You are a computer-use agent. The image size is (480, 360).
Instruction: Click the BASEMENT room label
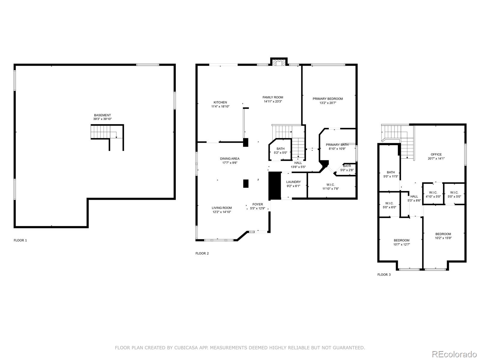pos(102,115)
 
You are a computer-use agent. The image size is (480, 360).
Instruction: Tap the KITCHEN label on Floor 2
pos(220,102)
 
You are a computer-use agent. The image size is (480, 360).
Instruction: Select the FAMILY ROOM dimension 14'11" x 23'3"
pos(273,101)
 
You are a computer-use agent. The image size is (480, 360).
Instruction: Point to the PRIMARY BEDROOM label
pos(328,99)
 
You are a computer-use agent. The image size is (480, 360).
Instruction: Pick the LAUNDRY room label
pos(293,182)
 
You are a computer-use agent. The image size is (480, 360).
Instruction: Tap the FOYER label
pos(257,204)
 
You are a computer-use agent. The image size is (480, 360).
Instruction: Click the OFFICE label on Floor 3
pos(436,154)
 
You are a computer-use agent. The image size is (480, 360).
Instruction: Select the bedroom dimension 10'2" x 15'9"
pos(443,238)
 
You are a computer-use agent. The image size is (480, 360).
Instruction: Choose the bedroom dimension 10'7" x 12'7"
pos(401,244)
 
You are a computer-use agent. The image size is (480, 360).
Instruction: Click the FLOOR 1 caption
pos(20,240)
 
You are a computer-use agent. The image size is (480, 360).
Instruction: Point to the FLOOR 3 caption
pos(384,274)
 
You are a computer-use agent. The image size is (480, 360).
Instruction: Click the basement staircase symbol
pos(103,132)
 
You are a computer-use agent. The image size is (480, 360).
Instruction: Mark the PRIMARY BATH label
pos(337,145)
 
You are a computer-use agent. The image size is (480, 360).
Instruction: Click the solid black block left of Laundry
pos(274,186)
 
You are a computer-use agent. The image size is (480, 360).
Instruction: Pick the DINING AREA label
pos(230,159)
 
